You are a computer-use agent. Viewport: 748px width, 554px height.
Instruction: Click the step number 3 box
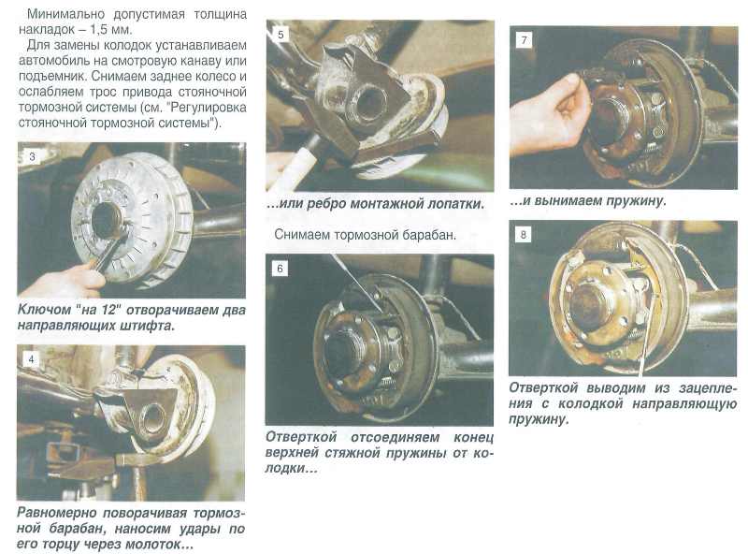(32, 156)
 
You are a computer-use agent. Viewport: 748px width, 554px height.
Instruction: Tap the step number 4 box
(32, 359)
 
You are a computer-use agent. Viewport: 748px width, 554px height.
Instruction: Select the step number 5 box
(280, 35)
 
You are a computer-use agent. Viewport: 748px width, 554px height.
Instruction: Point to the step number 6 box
(280, 269)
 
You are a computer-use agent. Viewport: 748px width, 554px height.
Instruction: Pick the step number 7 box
(525, 40)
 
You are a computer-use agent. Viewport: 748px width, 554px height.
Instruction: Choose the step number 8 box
(524, 235)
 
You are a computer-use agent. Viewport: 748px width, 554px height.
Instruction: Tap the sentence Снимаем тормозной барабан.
(365, 235)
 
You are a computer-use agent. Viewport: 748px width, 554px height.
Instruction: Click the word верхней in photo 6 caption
(292, 453)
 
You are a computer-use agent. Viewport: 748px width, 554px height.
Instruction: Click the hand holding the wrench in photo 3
(62, 281)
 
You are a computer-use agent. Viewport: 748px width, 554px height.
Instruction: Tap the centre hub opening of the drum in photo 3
(107, 220)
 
